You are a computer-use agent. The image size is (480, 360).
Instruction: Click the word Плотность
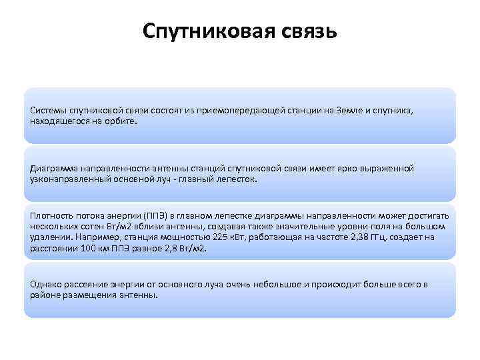51,217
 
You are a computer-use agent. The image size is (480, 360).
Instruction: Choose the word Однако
45,285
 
